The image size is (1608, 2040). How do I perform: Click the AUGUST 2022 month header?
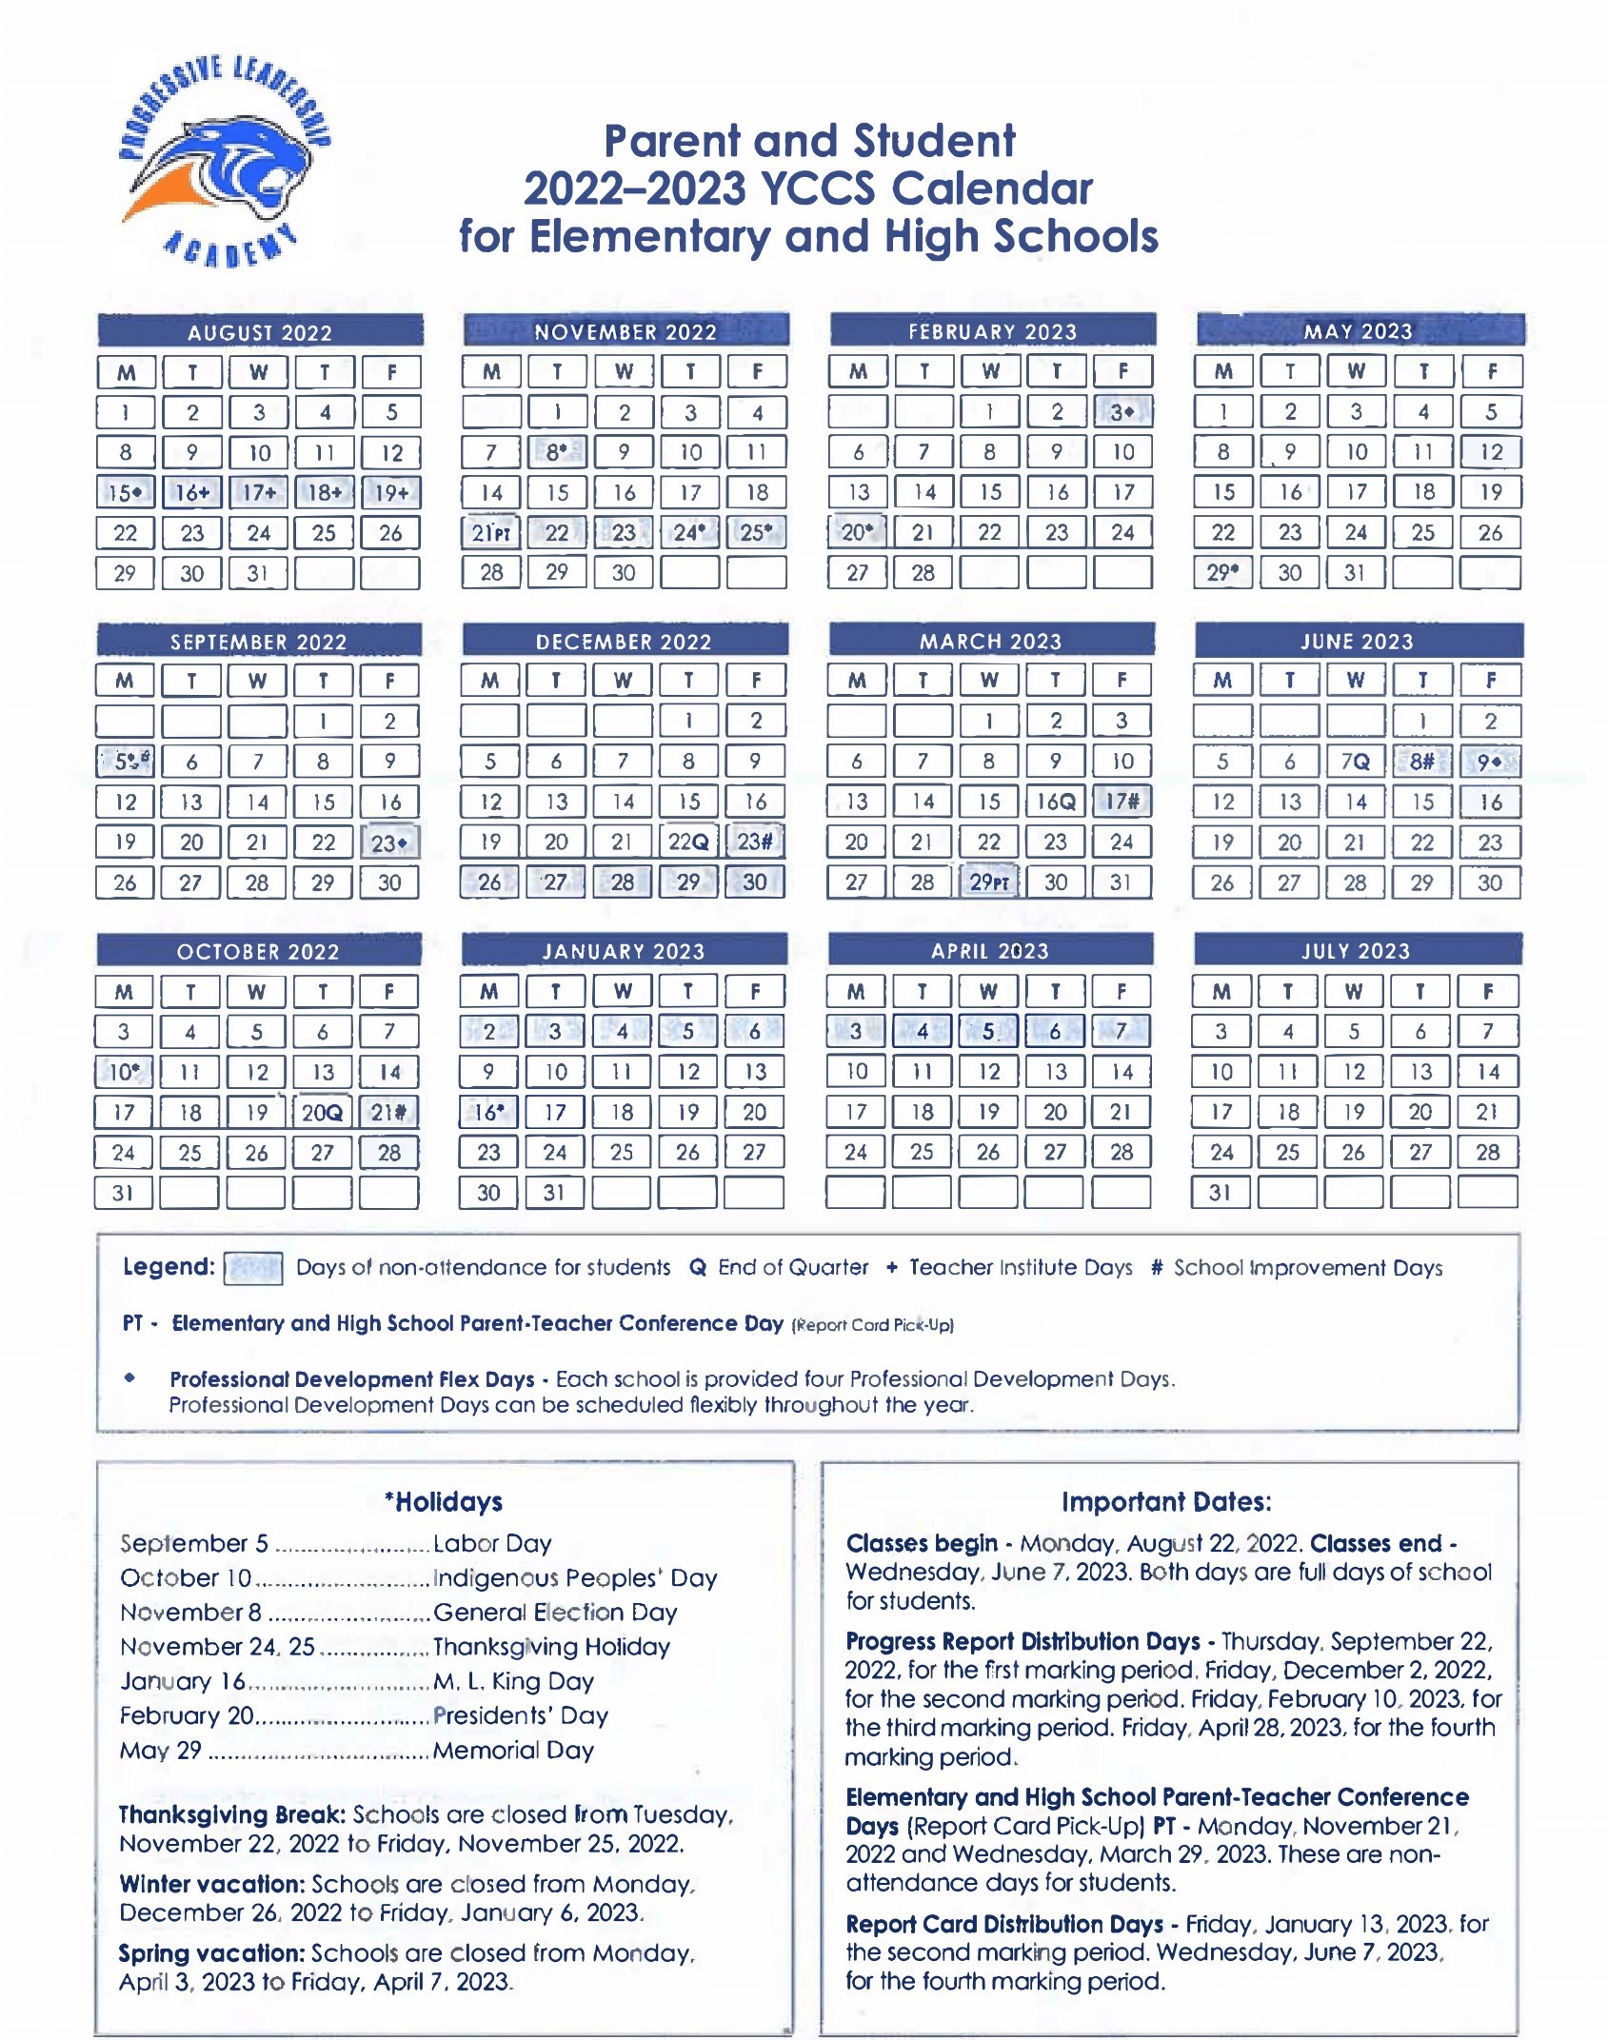click(x=260, y=332)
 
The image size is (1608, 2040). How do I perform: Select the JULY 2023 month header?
click(x=1356, y=951)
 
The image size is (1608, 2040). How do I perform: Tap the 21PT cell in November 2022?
click(x=491, y=533)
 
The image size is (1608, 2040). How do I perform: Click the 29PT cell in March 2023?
click(x=989, y=882)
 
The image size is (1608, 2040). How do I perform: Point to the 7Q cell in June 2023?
click(x=1355, y=762)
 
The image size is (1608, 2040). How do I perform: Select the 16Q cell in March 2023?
click(x=1056, y=802)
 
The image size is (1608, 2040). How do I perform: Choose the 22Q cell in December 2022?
click(x=688, y=842)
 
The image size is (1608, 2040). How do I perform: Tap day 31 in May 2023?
click(x=1355, y=573)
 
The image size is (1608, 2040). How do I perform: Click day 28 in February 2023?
click(x=923, y=573)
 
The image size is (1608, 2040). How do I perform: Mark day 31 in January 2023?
click(x=554, y=1193)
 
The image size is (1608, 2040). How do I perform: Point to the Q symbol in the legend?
click(x=698, y=1268)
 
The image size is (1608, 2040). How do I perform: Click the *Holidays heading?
click(x=444, y=1502)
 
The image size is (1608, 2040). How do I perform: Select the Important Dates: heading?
click(x=1166, y=1502)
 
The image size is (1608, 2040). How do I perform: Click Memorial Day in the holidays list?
click(x=513, y=1750)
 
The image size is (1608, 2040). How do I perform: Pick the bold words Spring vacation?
click(x=211, y=1953)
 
